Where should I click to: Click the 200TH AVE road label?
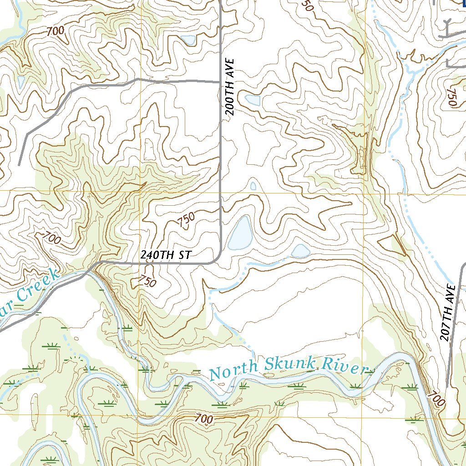pyautogui.click(x=231, y=86)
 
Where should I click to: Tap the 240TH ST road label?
pyautogui.click(x=165, y=255)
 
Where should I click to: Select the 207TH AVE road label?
pyautogui.click(x=448, y=313)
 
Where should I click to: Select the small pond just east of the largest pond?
pyautogui.click(x=300, y=251)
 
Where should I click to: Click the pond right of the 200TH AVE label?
pyautogui.click(x=253, y=100)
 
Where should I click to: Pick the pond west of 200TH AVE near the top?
pyautogui.click(x=188, y=40)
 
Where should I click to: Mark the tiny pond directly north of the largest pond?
pyautogui.click(x=253, y=186)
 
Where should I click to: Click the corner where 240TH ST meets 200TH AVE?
pyautogui.click(x=219, y=259)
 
